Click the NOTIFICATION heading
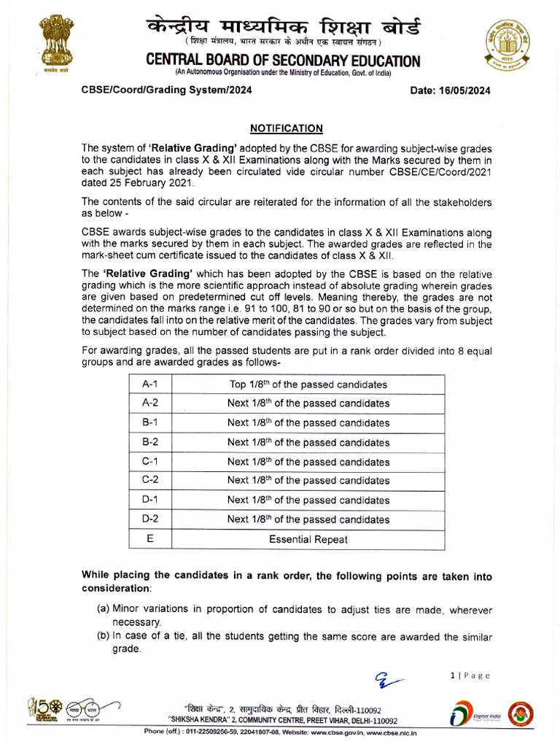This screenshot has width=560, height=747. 287,128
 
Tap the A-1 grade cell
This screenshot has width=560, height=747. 150,384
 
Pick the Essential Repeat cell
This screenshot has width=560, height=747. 308,540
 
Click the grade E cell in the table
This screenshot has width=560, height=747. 150,540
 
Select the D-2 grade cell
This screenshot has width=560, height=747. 150,519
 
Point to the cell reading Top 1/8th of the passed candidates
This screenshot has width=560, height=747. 308,384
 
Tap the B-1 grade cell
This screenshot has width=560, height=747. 150,422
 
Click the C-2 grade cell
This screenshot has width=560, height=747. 150,480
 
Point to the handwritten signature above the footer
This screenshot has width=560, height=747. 389,681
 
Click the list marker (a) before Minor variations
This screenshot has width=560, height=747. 104,610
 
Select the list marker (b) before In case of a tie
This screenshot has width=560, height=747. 104,636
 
